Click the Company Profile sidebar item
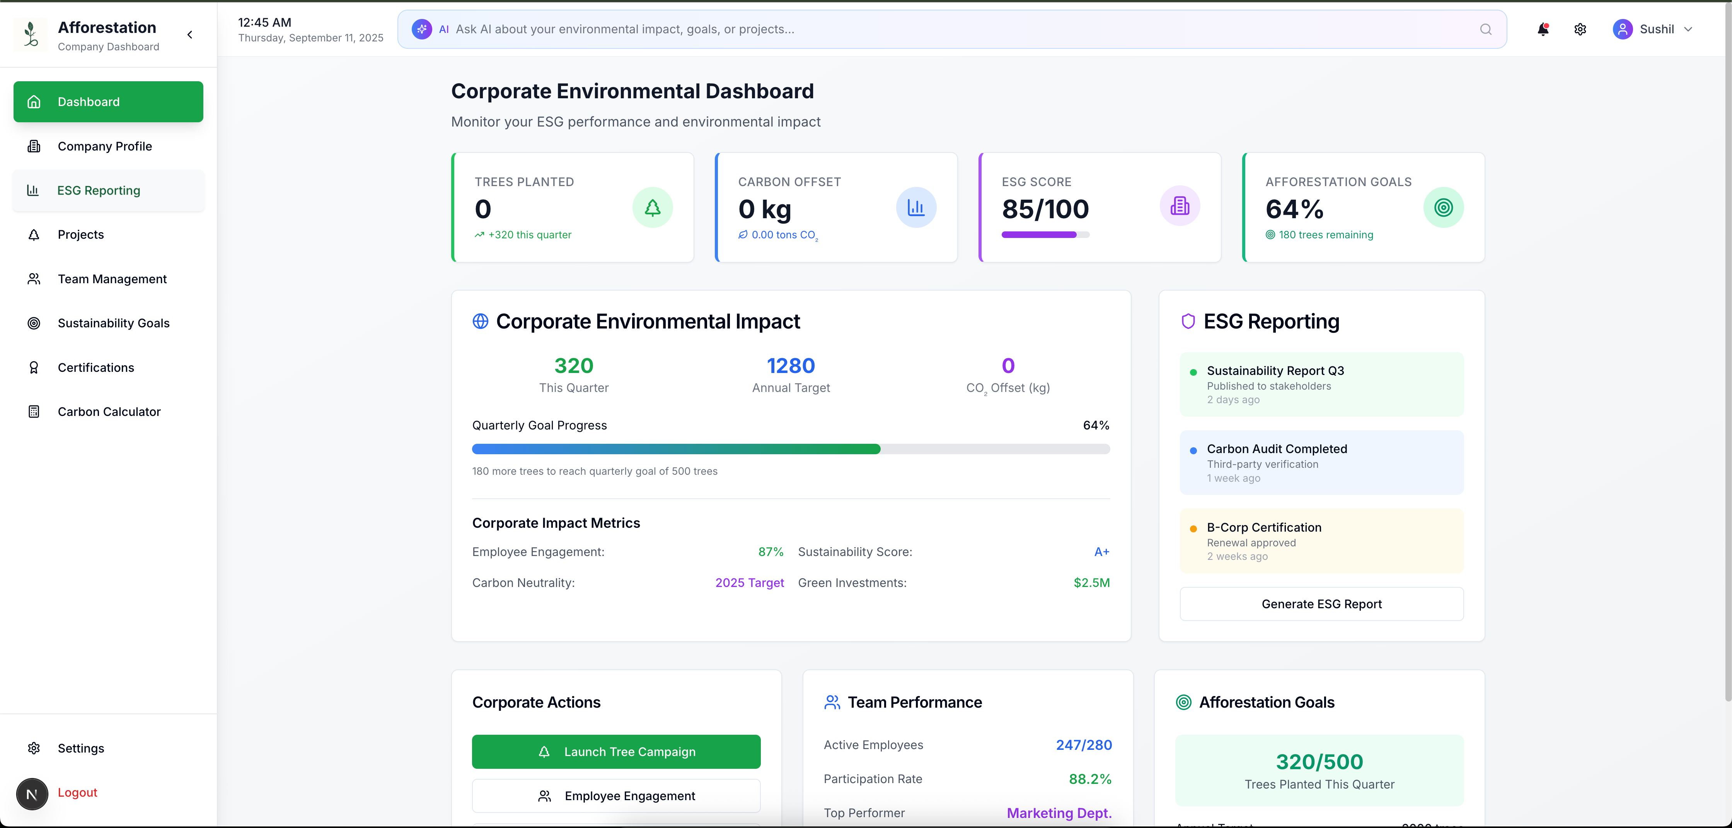(x=104, y=146)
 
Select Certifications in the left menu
(x=95, y=367)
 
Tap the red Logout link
(x=77, y=792)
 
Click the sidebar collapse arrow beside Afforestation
(x=190, y=34)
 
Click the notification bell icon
(x=1543, y=29)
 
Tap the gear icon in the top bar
(x=1580, y=29)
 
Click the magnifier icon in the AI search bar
(x=1486, y=29)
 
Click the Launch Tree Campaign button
(x=616, y=751)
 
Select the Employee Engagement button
(x=616, y=796)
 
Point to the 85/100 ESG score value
(x=1045, y=209)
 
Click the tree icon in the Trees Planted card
(x=652, y=207)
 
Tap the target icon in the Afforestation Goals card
(x=1444, y=207)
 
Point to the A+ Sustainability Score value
(x=1101, y=552)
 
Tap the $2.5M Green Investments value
(x=1091, y=582)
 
